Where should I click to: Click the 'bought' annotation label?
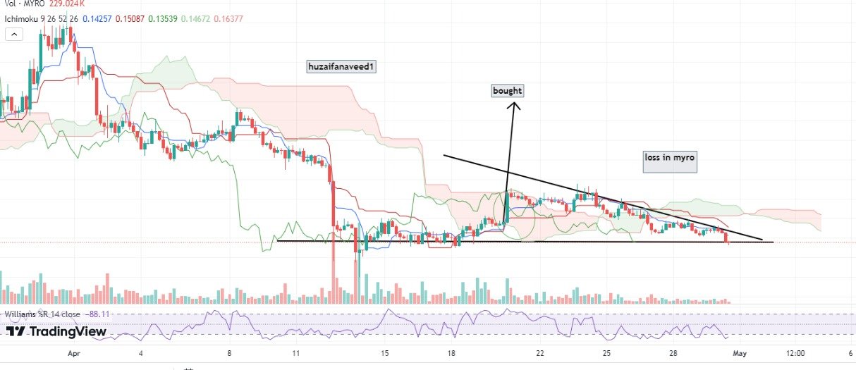click(508, 91)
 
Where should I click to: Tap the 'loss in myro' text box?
click(669, 158)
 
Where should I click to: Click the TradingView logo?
click(56, 331)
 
